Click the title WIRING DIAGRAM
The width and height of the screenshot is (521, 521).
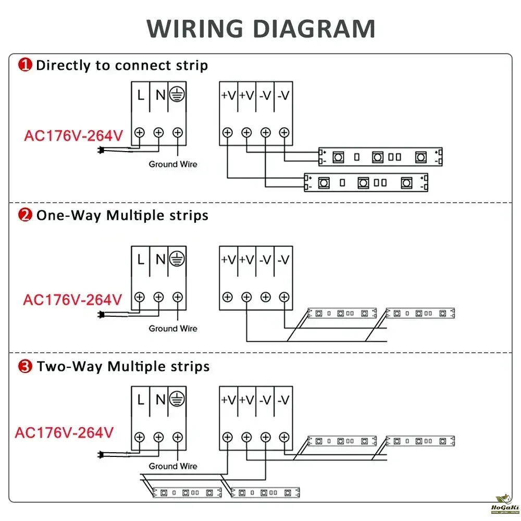coord(260,29)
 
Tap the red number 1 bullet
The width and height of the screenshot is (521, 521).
coord(25,65)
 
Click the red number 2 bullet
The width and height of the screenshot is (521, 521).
coord(25,215)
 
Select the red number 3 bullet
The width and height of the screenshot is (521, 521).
coord(25,366)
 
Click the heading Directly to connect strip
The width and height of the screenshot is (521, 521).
coord(122,65)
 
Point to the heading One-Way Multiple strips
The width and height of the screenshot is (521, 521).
coord(122,215)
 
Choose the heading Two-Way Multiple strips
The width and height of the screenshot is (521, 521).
coord(123,366)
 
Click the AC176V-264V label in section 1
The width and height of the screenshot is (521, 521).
coord(73,136)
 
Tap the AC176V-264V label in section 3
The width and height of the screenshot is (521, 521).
coord(64,432)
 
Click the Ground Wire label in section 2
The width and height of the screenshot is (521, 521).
coord(173,328)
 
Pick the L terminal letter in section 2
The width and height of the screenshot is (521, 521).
coord(141,259)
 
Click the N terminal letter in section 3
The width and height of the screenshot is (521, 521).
coord(160,400)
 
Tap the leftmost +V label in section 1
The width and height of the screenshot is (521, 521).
coord(228,96)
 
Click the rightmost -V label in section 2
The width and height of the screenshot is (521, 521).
coord(283,259)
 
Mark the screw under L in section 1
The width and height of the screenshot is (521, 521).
coord(140,132)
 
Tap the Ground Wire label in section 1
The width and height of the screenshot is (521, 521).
coord(173,164)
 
